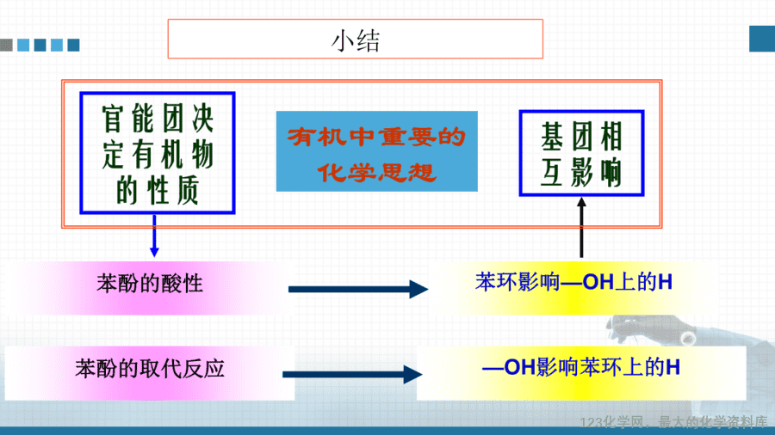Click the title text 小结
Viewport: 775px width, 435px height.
tap(356, 40)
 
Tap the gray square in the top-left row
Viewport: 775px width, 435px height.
tap(6, 45)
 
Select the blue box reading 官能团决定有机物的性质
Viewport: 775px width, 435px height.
tap(158, 153)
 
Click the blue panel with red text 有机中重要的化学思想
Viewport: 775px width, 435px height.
tap(376, 151)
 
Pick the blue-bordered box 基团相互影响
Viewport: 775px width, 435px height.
tap(581, 153)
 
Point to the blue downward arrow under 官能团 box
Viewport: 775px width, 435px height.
tap(154, 236)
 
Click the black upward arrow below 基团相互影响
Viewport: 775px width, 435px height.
tap(581, 227)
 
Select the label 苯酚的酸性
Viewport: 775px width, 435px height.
tap(150, 284)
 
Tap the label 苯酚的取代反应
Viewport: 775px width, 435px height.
tap(150, 369)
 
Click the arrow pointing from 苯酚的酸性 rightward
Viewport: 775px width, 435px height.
tap(358, 289)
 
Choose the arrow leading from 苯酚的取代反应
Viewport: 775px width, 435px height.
tap(352, 374)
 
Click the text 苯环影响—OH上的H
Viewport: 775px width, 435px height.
tap(573, 282)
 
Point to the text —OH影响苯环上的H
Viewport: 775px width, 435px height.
tap(580, 367)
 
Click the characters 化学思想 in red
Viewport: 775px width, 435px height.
tap(376, 173)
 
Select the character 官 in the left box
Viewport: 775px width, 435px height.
tap(113, 119)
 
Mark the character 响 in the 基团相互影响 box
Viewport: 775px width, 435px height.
tap(611, 173)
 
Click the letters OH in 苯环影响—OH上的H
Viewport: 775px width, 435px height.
tap(598, 282)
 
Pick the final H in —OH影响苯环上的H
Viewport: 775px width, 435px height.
tap(673, 367)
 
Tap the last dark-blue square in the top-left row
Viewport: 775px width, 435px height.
tap(74, 45)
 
